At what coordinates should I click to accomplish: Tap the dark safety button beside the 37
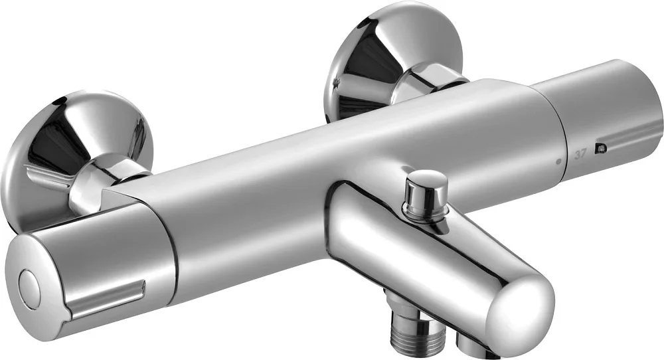coord(600,148)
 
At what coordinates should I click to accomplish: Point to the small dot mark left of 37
coord(558,161)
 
